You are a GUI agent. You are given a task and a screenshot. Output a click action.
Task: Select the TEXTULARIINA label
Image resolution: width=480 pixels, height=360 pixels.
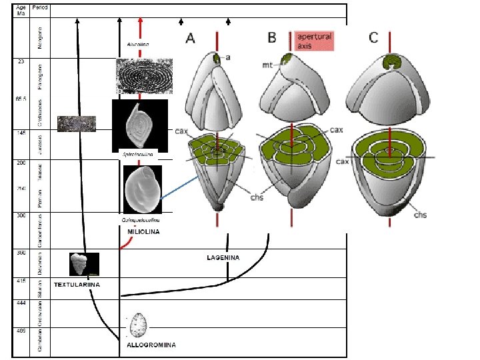click(x=77, y=284)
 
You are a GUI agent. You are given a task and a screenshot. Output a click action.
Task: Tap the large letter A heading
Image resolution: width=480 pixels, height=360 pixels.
click(x=190, y=39)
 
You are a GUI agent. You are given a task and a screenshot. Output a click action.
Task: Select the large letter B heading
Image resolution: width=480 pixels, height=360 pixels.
click(x=272, y=37)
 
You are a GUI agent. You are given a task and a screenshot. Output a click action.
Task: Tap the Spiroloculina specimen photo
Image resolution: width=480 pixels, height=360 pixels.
click(x=139, y=123)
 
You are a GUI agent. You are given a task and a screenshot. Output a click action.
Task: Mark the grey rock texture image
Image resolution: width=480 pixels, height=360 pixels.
click(x=77, y=123)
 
